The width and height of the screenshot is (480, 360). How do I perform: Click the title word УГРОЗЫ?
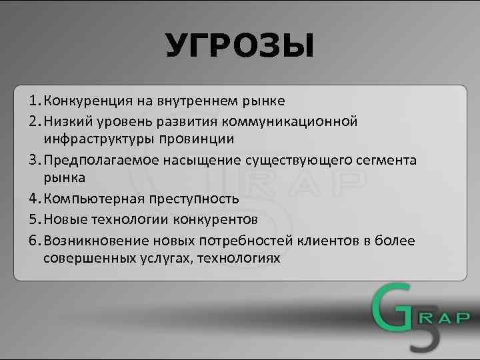point(239,47)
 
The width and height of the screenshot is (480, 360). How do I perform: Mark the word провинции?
point(196,139)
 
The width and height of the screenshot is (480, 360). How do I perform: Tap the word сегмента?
point(384,161)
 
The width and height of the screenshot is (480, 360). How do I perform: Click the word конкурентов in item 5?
point(215,219)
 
